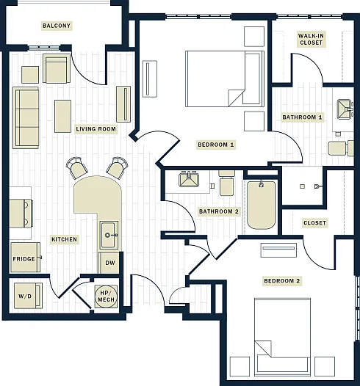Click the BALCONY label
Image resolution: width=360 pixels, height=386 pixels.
coord(57,26)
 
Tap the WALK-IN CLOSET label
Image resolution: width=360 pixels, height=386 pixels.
coord(311,39)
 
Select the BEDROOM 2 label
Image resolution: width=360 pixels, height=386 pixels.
coord(282,281)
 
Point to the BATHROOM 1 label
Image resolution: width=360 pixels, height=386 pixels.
coord(302,117)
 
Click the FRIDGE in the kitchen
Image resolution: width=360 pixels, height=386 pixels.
coord(26,258)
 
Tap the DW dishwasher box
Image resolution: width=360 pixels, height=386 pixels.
coord(109,263)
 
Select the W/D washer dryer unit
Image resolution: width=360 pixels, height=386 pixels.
coord(28,296)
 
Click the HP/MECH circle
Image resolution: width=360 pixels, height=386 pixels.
coord(106,296)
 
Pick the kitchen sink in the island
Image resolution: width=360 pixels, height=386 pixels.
coord(109,235)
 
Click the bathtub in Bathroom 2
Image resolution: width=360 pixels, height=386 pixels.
coord(262,205)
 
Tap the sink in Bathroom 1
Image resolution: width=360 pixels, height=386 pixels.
coord(345,109)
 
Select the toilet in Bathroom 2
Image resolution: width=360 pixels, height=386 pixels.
coord(226,183)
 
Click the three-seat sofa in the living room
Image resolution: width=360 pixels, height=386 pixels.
coord(26,117)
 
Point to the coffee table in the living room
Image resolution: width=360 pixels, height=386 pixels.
coord(63,116)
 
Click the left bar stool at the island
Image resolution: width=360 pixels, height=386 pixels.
coord(77,168)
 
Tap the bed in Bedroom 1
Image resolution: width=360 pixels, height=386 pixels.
coord(225,79)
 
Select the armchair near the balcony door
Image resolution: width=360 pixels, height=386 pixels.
coord(57,68)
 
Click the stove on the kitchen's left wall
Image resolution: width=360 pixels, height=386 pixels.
coord(21,214)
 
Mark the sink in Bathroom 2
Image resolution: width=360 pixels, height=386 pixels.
coord(189,179)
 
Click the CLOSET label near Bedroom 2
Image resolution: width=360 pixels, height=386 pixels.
coord(314,223)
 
